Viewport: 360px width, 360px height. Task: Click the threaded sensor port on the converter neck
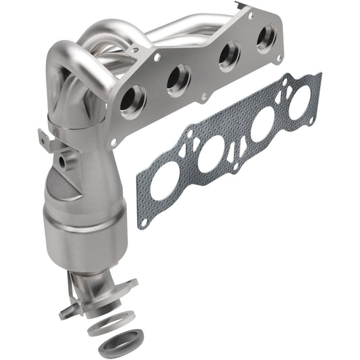click(x=63, y=162)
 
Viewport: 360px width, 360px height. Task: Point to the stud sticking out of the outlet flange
click(x=66, y=313)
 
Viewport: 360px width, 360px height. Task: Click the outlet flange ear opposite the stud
click(x=128, y=284)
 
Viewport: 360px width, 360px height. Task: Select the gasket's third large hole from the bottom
click(x=260, y=124)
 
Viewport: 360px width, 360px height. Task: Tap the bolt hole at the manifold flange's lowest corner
click(x=114, y=141)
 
